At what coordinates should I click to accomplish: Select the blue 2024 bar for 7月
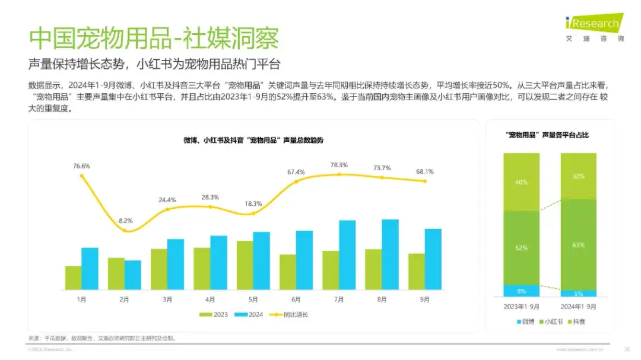(x=347, y=255)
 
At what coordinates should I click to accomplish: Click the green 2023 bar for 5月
(x=245, y=265)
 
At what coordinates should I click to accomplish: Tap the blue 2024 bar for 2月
(x=133, y=275)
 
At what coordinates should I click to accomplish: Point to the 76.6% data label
(x=81, y=166)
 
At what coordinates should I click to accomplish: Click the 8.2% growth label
(x=125, y=221)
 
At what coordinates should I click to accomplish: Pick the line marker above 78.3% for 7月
(x=339, y=174)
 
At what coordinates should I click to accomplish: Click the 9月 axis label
(x=424, y=300)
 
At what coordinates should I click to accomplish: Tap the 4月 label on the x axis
(x=210, y=300)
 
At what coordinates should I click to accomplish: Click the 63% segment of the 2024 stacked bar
(x=579, y=244)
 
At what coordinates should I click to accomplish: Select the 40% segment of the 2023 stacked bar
(x=521, y=182)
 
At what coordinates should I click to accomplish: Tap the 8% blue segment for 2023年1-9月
(x=521, y=291)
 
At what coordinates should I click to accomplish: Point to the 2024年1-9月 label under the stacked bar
(x=579, y=307)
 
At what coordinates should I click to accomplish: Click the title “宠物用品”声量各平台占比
(x=550, y=135)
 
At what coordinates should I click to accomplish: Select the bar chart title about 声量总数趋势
(x=253, y=140)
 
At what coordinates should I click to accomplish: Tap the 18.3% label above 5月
(x=253, y=203)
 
